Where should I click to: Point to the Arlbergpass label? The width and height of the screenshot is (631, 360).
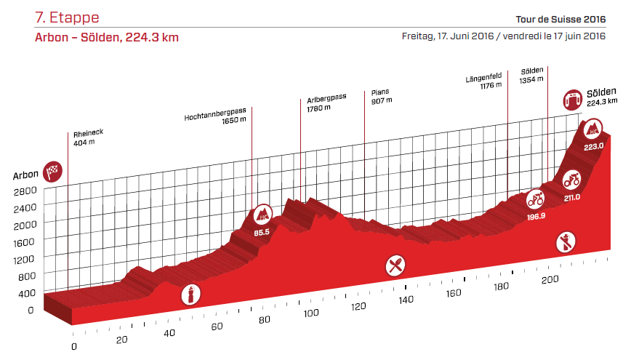(x=326, y=103)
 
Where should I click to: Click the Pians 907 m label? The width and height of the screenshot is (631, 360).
(x=379, y=97)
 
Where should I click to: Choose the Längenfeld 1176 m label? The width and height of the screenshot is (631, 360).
(x=485, y=81)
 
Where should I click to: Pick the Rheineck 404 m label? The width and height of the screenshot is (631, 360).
(x=87, y=138)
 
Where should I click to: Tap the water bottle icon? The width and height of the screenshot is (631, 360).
(x=190, y=294)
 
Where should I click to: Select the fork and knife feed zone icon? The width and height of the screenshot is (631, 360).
(x=395, y=265)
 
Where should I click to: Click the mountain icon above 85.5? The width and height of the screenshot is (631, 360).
(x=262, y=215)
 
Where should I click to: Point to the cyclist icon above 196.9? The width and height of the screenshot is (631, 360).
(x=536, y=197)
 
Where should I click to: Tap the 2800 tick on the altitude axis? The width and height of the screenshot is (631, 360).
(x=24, y=191)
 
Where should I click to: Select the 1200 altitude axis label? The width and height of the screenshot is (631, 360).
(x=24, y=259)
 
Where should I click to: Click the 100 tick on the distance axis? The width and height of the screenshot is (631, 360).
(x=312, y=313)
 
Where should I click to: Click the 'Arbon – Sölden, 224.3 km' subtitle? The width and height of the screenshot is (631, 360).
(x=106, y=38)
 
